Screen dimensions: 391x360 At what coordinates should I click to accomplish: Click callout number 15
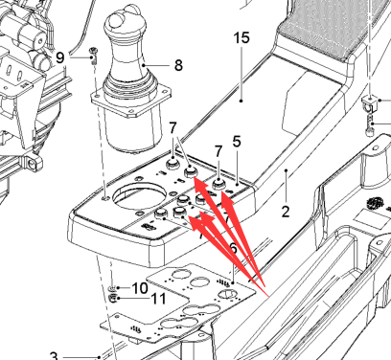(x=241, y=38)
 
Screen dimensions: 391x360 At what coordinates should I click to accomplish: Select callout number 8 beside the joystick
(x=178, y=65)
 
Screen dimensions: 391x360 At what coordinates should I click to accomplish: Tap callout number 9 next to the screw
(x=60, y=57)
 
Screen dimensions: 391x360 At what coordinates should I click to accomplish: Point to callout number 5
(x=237, y=142)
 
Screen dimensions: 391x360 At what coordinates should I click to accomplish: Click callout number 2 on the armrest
(x=286, y=212)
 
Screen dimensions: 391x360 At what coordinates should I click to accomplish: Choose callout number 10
(x=140, y=288)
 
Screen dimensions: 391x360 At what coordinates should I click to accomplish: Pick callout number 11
(x=159, y=299)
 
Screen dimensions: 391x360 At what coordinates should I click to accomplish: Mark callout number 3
(x=54, y=355)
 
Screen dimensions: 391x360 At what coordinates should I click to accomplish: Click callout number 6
(x=234, y=248)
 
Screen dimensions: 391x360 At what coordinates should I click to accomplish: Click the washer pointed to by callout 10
(x=112, y=288)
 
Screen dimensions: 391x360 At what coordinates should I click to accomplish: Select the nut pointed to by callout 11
(x=112, y=299)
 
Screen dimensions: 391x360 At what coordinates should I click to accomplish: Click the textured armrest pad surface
(x=333, y=27)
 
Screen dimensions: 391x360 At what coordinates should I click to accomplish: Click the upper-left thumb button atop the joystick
(x=115, y=22)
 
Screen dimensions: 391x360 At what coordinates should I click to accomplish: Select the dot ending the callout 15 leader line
(x=241, y=101)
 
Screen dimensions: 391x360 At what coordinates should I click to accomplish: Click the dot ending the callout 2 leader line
(x=287, y=170)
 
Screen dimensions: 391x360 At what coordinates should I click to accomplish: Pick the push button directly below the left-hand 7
(x=172, y=165)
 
